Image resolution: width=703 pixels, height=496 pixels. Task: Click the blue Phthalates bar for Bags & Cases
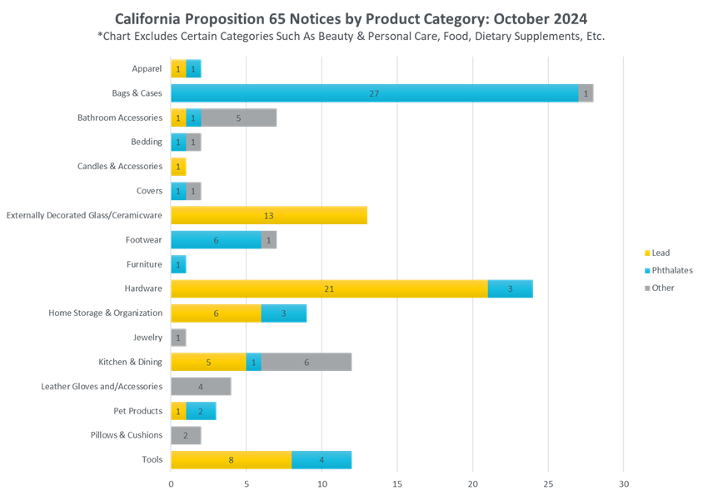pos(374,93)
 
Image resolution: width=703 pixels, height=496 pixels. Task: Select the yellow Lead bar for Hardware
pos(329,288)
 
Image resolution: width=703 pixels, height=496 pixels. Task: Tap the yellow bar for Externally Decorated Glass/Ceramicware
pos(269,215)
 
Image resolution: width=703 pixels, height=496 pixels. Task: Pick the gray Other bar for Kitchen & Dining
pos(307,362)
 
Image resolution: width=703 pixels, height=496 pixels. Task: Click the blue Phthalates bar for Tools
pos(322,459)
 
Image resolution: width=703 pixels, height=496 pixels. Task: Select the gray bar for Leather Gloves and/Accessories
pos(201,386)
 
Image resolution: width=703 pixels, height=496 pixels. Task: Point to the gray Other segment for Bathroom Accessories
pos(238,118)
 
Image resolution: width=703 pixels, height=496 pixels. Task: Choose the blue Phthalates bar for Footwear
pos(216,240)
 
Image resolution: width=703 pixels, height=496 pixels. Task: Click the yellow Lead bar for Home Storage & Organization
pos(216,313)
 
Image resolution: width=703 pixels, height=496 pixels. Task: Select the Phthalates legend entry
pos(667,270)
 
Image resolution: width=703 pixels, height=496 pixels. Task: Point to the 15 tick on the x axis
pos(397,483)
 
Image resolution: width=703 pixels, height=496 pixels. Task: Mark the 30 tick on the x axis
pos(624,483)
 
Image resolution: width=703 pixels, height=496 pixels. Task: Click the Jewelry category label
pos(147,338)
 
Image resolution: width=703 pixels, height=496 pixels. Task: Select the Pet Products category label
pos(138,411)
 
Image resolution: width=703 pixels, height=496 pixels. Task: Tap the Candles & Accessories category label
pos(122,167)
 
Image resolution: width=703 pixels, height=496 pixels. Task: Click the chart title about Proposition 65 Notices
pos(351,19)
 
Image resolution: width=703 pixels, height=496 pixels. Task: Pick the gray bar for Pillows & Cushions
pos(186,435)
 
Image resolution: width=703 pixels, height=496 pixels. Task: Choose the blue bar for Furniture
pos(178,264)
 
